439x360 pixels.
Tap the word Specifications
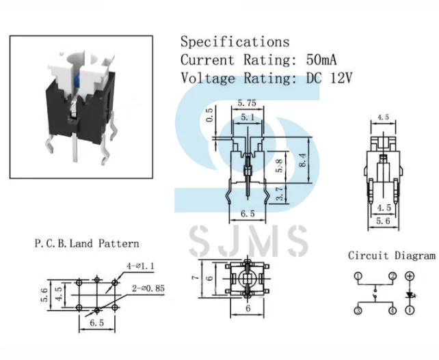click(235, 42)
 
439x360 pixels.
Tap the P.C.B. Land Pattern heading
click(87, 243)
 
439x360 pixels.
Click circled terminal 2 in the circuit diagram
click(393, 277)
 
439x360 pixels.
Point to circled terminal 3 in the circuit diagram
click(358, 311)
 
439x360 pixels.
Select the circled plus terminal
click(410, 277)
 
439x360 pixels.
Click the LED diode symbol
click(410, 295)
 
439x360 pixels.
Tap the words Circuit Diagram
click(391, 256)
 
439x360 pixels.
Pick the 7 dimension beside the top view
click(194, 278)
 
